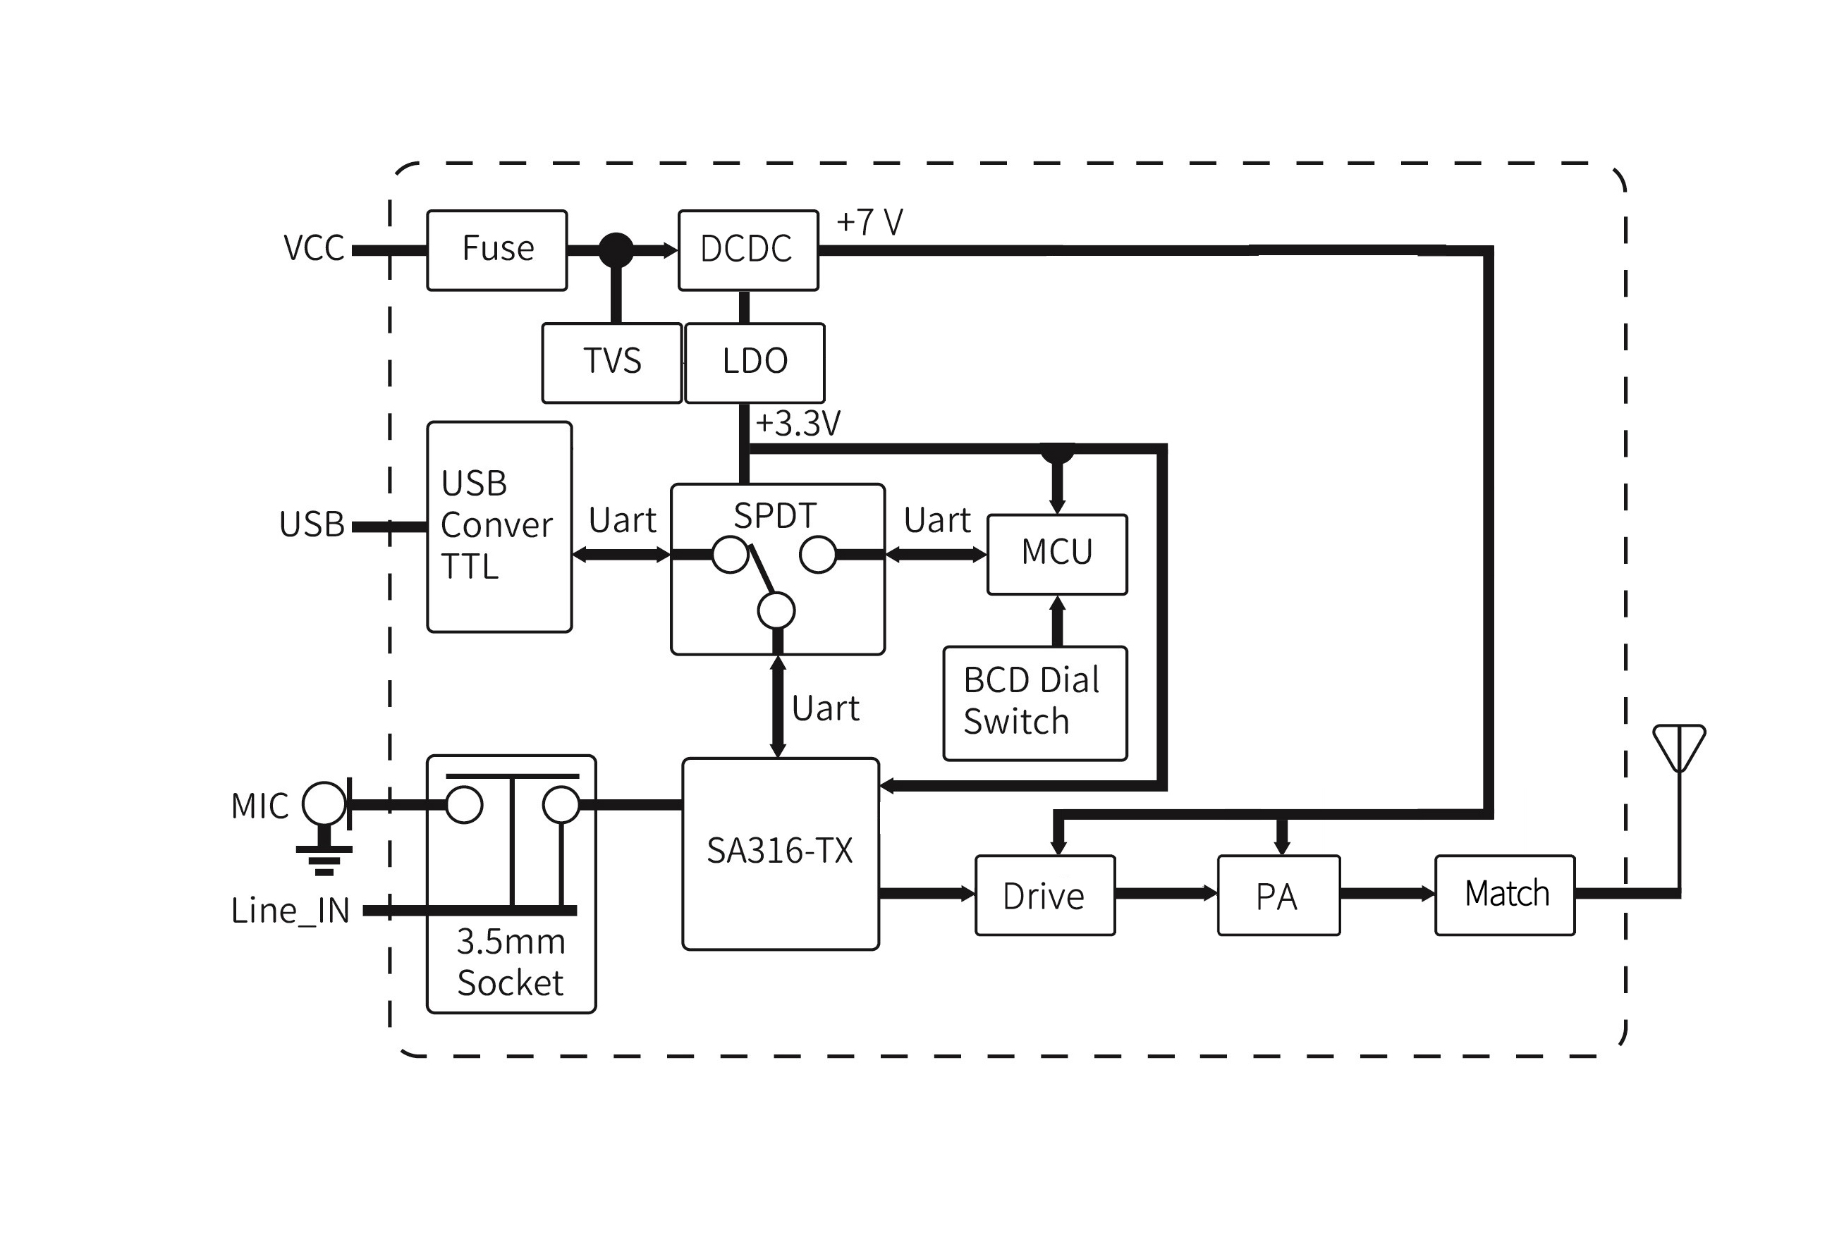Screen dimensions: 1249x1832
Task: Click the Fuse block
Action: click(x=496, y=250)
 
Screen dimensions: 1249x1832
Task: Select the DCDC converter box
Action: click(x=747, y=250)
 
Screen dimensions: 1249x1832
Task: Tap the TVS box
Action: click(x=611, y=362)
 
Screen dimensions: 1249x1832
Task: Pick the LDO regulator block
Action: click(x=755, y=362)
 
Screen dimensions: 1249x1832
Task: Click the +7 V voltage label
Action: click(x=869, y=223)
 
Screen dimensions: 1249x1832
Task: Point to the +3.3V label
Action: click(x=798, y=424)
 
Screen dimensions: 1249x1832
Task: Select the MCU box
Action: click(x=1056, y=553)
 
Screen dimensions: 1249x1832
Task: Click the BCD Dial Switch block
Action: click(x=1034, y=702)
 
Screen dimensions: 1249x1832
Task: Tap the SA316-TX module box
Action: click(x=780, y=854)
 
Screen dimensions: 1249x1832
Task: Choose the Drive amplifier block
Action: click(x=1044, y=895)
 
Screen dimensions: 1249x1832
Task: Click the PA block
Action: click(x=1278, y=895)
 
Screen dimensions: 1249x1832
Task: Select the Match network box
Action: click(x=1504, y=895)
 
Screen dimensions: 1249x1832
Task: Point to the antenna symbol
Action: click(x=1679, y=749)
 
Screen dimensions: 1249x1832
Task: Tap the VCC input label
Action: click(x=314, y=249)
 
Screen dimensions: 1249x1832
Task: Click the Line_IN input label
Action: click(x=290, y=911)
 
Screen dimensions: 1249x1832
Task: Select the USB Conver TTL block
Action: click(x=499, y=527)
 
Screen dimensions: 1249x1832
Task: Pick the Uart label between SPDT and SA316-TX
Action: click(x=824, y=708)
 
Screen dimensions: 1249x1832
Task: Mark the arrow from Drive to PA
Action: click(x=1166, y=893)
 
